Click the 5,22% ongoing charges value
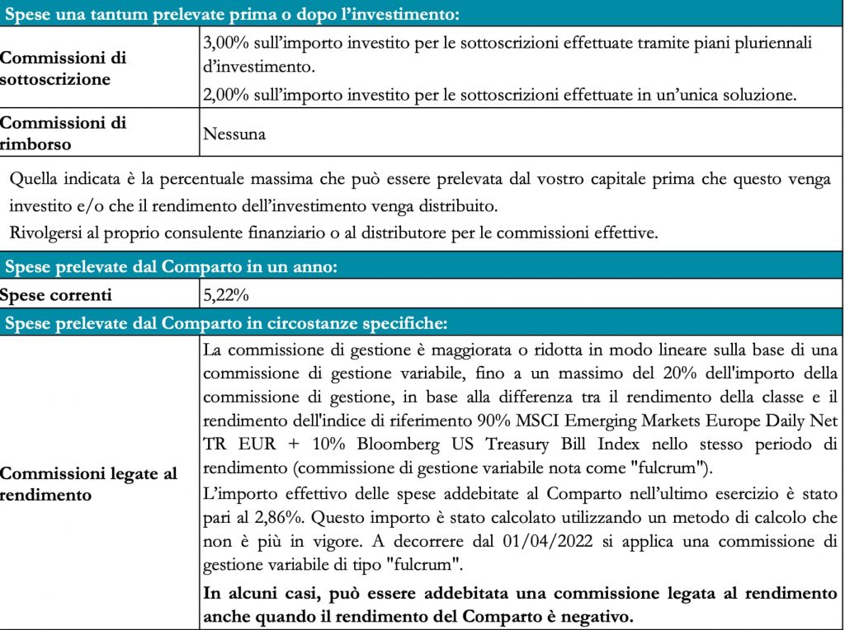coord(226,294)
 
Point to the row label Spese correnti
coord(56,294)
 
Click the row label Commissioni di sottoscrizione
coord(64,70)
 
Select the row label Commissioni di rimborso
coord(64,133)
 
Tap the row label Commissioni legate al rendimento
coord(88,484)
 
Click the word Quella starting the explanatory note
coord(35,179)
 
